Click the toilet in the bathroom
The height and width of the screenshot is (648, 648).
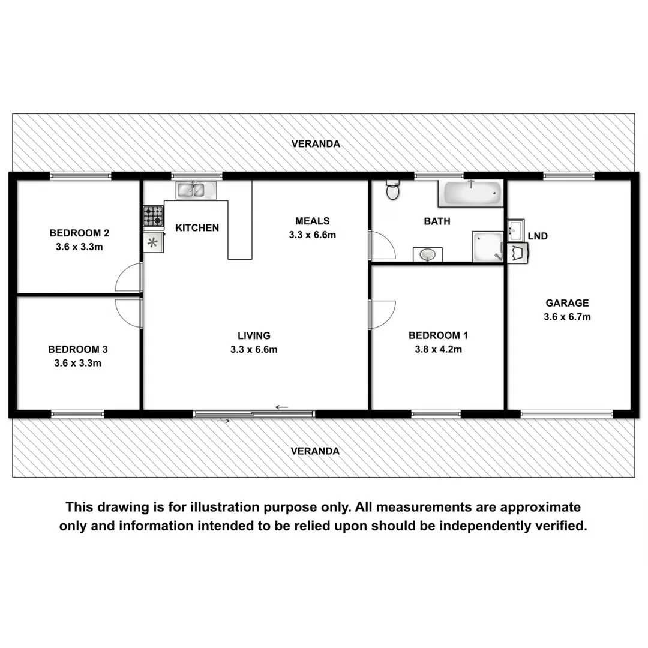393,191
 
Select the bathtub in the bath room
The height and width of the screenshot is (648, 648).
472,193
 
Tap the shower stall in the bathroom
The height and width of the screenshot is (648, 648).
487,247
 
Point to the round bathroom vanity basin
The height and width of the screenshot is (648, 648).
428,255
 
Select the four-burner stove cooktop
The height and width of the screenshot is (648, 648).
153,216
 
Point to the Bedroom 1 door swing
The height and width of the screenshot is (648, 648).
383,314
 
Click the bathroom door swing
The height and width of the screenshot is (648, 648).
383,245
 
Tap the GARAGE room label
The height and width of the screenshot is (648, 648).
567,303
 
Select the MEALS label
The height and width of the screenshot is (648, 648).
312,221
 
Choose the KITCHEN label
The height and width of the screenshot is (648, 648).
197,228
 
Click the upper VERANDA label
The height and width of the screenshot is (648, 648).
316,144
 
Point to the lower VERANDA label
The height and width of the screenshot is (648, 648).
315,451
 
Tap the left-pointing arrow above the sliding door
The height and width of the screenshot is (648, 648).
281,407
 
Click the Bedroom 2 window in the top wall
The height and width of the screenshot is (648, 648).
80,176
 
